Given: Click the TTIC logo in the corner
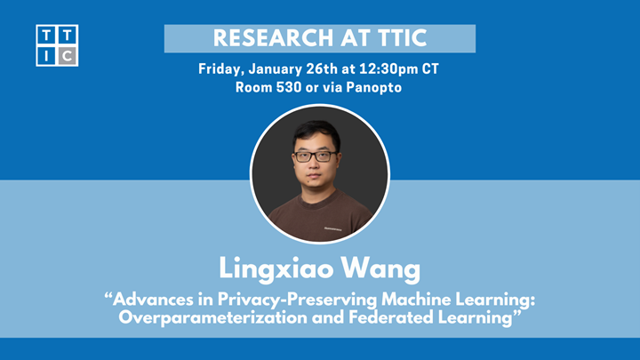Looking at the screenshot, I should (x=57, y=45).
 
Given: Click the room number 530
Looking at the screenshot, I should (x=282, y=87).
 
